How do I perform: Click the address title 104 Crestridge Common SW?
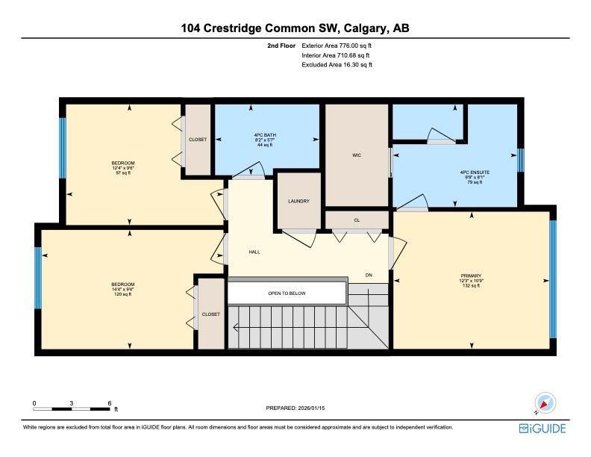tap(295, 28)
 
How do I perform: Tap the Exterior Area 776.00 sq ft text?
tap(336, 46)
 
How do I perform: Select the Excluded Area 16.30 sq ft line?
tap(337, 65)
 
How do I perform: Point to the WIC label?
tap(357, 155)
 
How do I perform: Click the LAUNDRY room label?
tap(298, 201)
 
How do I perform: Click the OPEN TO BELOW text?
tap(287, 293)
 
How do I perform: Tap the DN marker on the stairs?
tap(369, 275)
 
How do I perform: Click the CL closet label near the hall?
tap(357, 220)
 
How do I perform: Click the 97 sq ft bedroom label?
tap(122, 167)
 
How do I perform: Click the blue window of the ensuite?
tap(521, 160)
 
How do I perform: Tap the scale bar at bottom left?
tap(72, 408)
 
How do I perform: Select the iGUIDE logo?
tap(542, 428)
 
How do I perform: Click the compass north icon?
tap(545, 404)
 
